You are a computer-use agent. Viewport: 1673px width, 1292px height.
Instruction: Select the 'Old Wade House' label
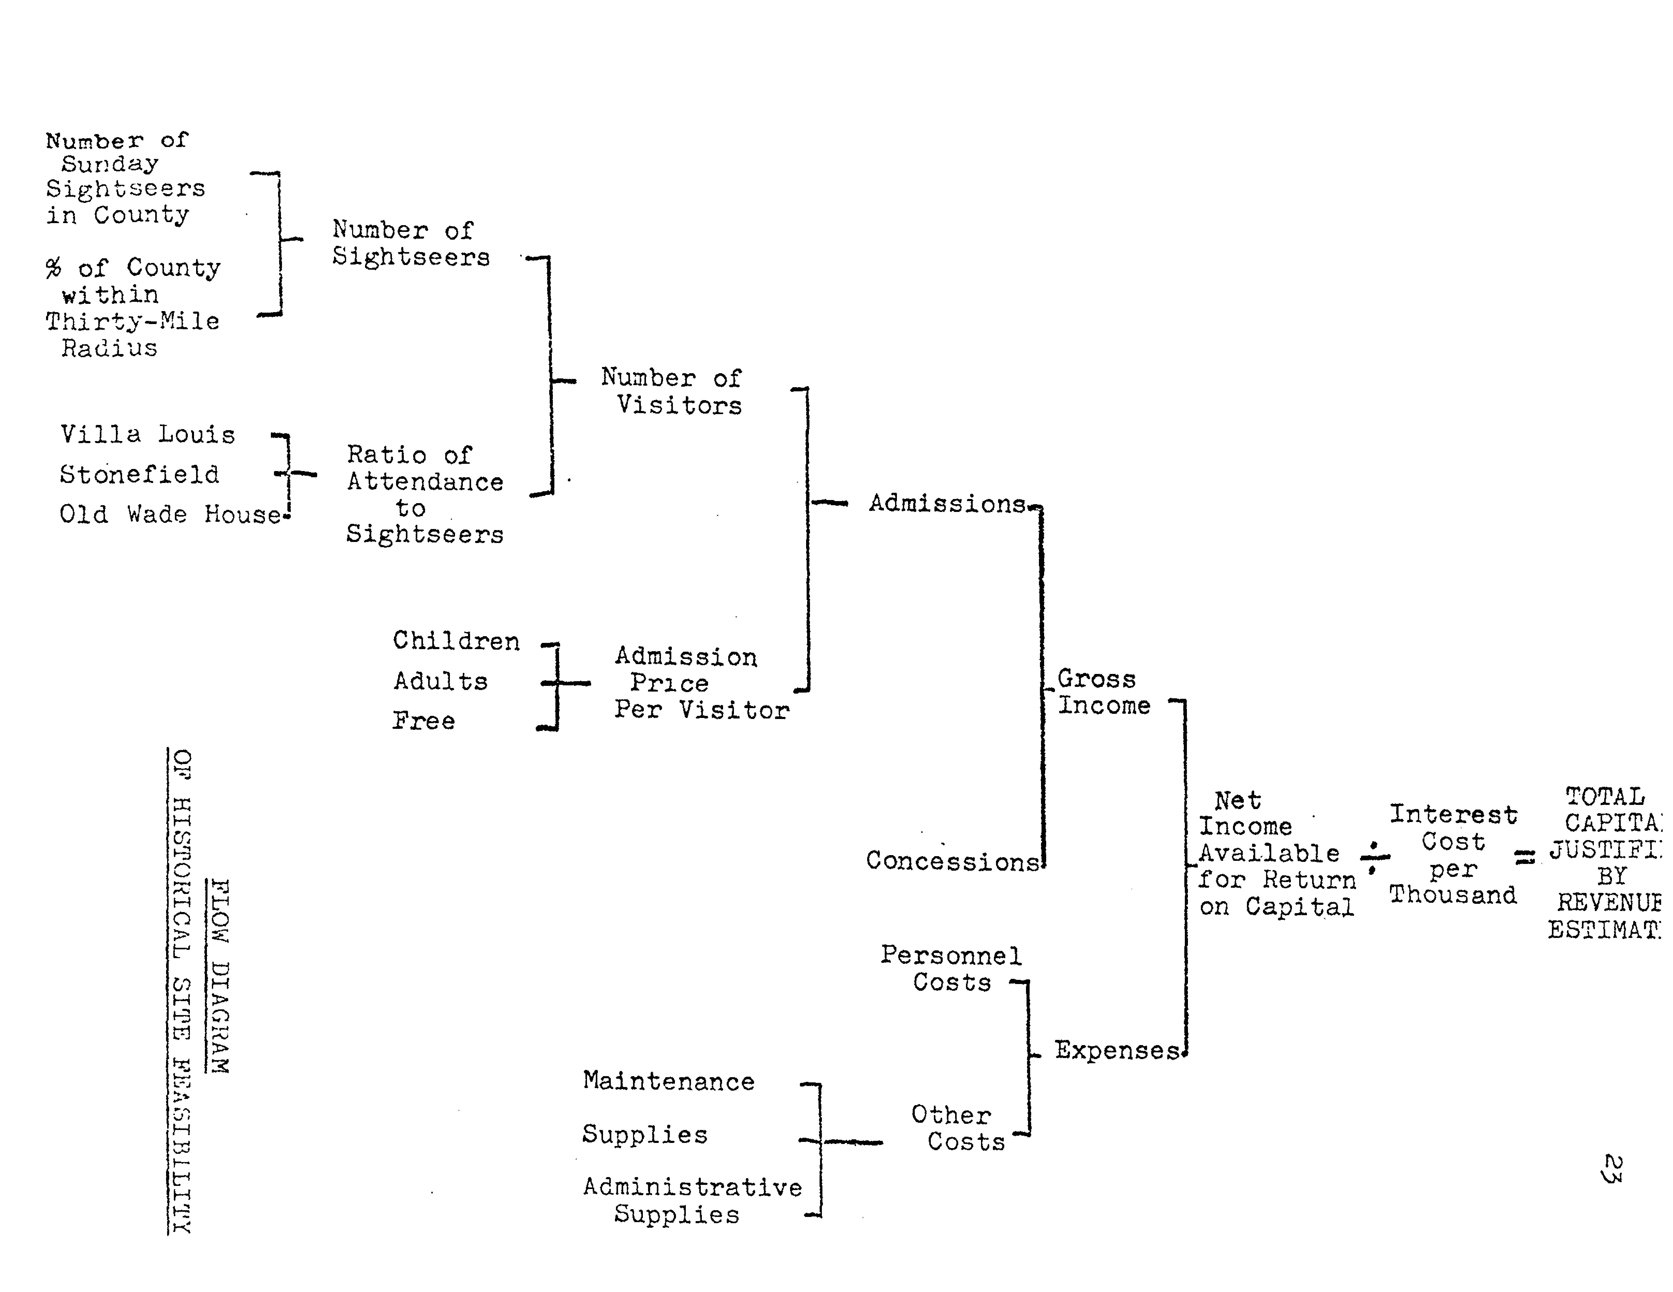tap(170, 514)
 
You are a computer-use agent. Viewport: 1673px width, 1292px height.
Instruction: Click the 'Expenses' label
tap(1117, 1050)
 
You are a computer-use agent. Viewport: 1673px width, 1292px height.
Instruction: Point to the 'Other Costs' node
tap(957, 1128)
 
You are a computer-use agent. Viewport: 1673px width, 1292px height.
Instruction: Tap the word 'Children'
tap(456, 641)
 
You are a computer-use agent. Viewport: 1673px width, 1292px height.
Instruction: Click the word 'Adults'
tap(441, 681)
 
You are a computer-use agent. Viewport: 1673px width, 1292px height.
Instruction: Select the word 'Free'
tap(423, 721)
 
